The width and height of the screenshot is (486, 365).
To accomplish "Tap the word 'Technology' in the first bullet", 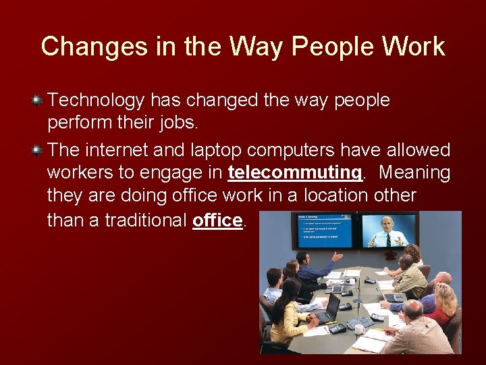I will (x=97, y=101).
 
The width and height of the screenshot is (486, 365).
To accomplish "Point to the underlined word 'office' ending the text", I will (x=217, y=220).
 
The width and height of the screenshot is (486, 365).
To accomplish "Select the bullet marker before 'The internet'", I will (x=38, y=149).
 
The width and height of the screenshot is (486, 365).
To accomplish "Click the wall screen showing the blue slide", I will (x=321, y=230).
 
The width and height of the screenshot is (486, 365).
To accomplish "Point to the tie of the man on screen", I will (x=388, y=239).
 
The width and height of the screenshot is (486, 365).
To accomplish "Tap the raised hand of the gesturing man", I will (x=337, y=258).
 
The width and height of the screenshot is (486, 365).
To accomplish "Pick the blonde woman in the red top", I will (x=443, y=304).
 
